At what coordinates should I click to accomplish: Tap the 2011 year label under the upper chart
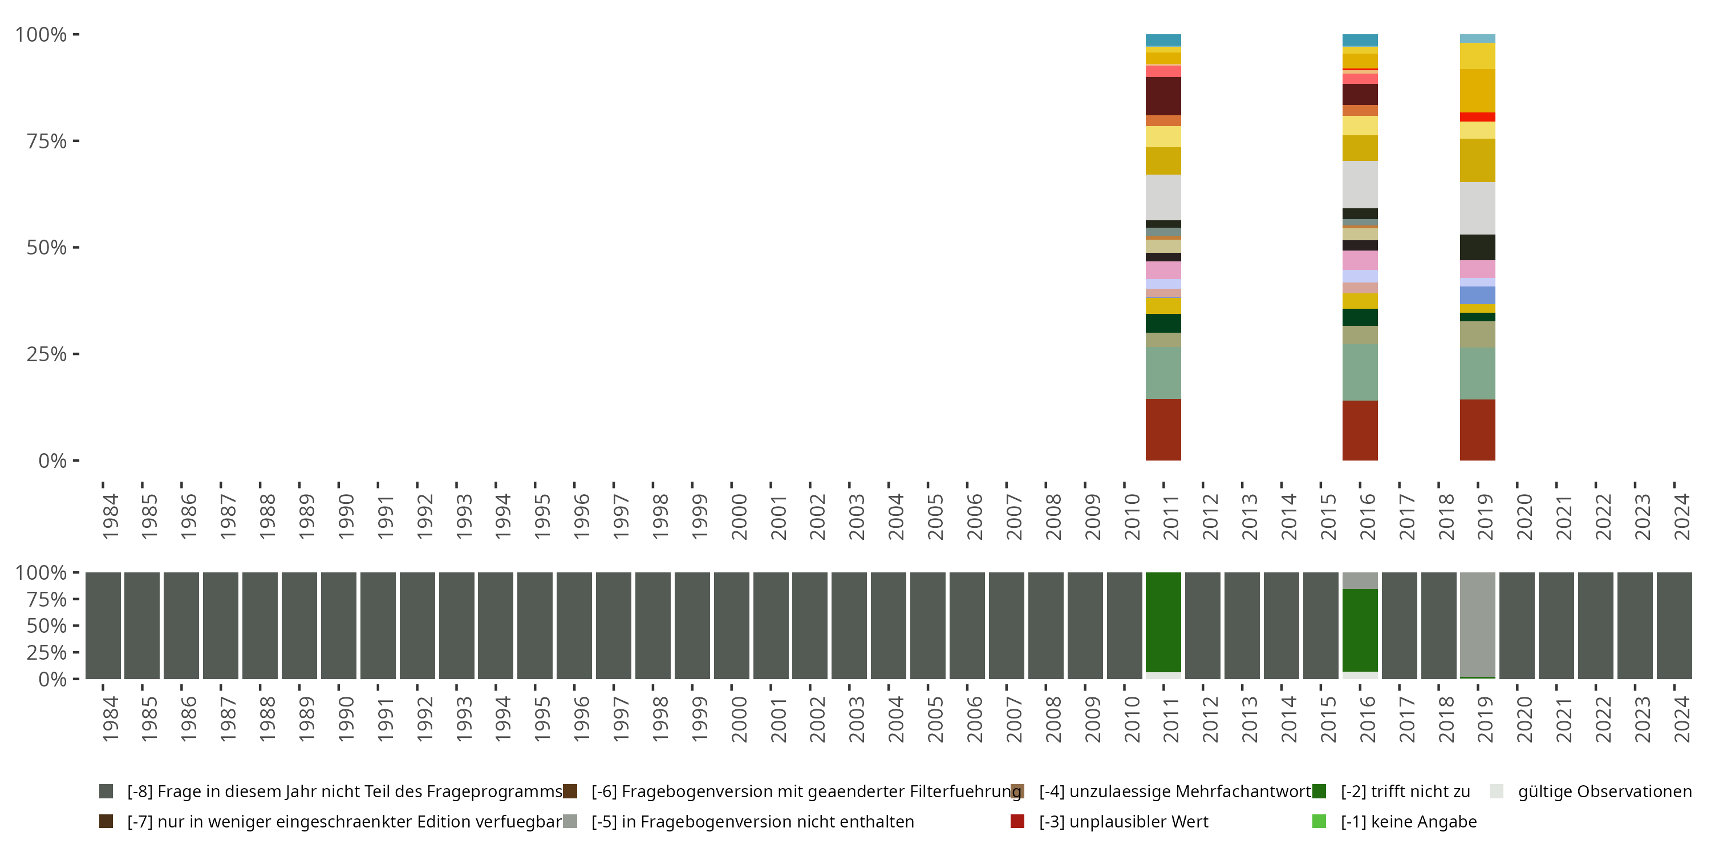point(1171,516)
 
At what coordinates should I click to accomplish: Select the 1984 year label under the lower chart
point(110,718)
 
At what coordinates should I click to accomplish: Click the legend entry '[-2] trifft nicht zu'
point(1405,792)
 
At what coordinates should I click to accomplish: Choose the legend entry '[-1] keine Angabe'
point(1408,821)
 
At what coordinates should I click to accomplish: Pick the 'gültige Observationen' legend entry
point(1604,792)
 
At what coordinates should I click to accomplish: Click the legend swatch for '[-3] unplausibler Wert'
point(1017,821)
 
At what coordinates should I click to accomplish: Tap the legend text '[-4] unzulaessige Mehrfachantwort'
point(1174,792)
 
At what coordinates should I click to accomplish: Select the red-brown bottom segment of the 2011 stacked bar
point(1163,429)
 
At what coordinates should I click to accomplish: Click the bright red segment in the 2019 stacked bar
point(1477,117)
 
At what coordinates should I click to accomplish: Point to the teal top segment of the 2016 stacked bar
point(1360,40)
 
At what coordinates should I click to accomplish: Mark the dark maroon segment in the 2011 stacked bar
point(1163,96)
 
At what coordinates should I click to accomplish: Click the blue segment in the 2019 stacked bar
point(1477,295)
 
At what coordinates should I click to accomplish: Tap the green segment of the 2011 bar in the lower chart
point(1163,621)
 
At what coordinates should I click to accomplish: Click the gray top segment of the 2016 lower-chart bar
point(1360,580)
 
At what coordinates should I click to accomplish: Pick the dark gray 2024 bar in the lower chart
point(1674,625)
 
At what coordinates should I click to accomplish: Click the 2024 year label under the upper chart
point(1682,516)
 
